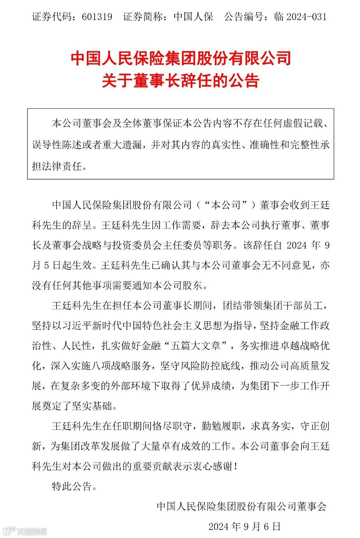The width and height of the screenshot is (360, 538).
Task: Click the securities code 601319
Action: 97,17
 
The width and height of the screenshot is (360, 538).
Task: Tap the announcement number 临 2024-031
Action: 300,17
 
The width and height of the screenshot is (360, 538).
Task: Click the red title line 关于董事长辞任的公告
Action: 180,81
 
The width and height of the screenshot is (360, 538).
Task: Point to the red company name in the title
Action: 180,59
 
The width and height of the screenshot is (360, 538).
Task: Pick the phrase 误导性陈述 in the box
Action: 57,145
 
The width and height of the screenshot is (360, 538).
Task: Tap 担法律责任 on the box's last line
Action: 57,166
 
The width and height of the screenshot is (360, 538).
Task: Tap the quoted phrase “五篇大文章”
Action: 196,346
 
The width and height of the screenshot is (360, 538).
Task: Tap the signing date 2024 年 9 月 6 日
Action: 244,526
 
